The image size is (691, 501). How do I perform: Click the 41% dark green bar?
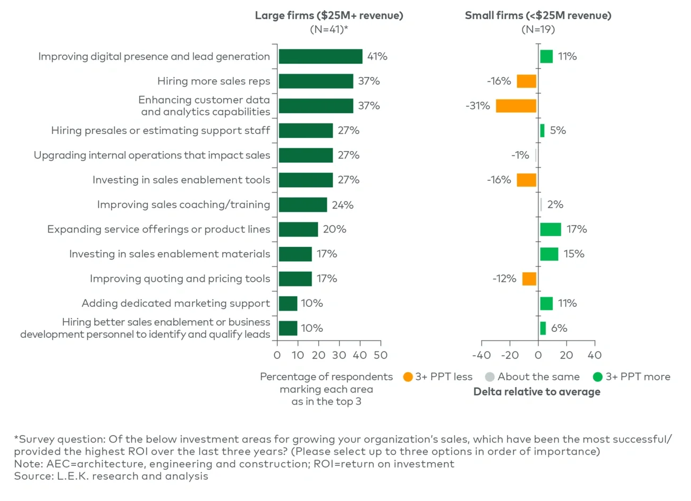point(321,56)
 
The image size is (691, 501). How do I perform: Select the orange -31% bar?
point(516,106)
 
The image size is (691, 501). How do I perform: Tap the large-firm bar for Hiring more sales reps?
point(316,81)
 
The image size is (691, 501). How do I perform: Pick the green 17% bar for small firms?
point(550,229)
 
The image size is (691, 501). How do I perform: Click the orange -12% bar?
point(529,279)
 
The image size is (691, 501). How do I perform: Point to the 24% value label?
point(342,205)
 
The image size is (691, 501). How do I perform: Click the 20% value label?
point(334,229)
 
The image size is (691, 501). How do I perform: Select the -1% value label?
point(520,155)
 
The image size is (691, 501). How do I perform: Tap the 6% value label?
point(559,328)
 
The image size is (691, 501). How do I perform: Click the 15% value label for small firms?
point(574,254)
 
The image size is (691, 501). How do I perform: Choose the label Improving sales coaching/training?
point(183,205)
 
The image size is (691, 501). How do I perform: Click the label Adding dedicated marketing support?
point(175,303)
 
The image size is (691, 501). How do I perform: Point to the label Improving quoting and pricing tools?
point(180,279)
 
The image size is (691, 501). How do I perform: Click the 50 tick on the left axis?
point(381,355)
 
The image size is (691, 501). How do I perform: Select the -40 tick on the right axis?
point(482,355)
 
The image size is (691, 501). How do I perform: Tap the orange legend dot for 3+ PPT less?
point(408,377)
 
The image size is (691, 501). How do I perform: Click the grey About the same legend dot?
point(490,377)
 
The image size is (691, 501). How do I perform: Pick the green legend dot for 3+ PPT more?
point(597,377)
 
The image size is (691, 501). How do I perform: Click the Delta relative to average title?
point(537,392)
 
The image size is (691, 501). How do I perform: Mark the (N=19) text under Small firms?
point(538,29)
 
